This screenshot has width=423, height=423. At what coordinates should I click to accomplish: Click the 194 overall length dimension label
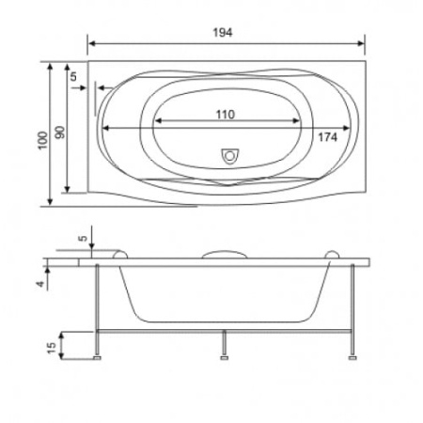pyautogui.click(x=223, y=33)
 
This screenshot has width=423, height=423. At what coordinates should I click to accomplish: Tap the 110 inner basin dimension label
pyautogui.click(x=226, y=115)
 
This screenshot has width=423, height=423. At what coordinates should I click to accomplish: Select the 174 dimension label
pyautogui.click(x=328, y=137)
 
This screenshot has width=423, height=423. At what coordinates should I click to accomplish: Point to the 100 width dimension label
pyautogui.click(x=42, y=141)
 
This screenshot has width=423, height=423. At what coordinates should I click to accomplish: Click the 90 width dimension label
pyautogui.click(x=60, y=133)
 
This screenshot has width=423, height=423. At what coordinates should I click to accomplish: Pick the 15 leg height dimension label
pyautogui.click(x=52, y=348)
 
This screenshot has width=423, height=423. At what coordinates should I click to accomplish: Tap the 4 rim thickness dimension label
pyautogui.click(x=40, y=284)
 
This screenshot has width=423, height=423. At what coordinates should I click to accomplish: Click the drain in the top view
pyautogui.click(x=230, y=156)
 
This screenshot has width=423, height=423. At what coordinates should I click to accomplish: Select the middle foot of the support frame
pyautogui.click(x=224, y=357)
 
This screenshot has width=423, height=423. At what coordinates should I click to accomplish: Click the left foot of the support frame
pyautogui.click(x=98, y=357)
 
